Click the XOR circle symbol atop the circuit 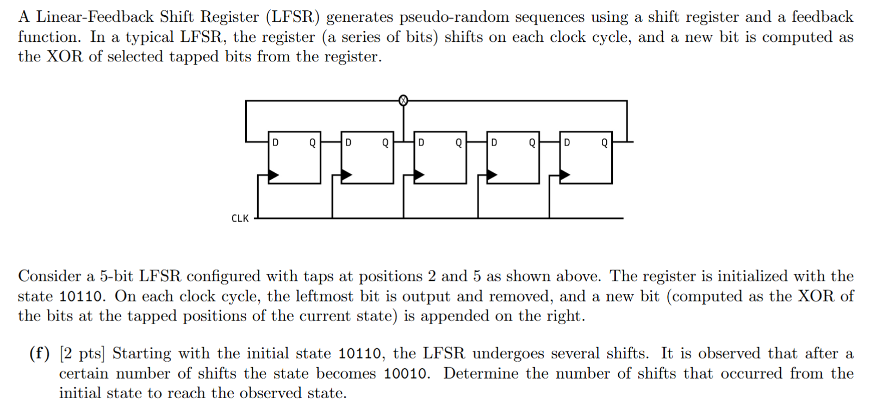pos(403,100)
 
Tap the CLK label pos(240,218)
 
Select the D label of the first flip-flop pos(276,142)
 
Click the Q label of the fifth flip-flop pos(604,142)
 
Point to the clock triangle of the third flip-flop pos(419,175)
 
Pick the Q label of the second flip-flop pos(385,142)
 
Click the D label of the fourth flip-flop pos(494,142)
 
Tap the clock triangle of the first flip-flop pos(273,175)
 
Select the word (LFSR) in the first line pos(293,17)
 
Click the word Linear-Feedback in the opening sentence pos(95,17)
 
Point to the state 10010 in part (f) pos(407,374)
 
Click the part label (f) pos(39,354)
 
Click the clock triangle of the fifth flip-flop pos(565,175)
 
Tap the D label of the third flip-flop pos(421,142)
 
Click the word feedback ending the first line pos(822,17)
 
